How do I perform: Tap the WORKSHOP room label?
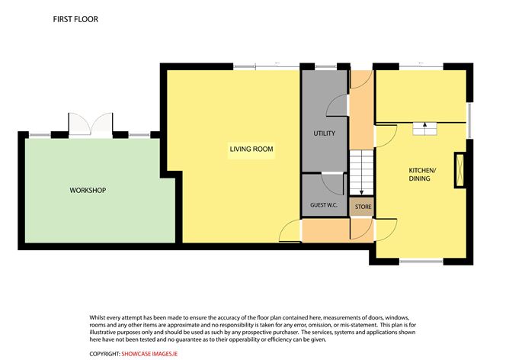[x=88, y=190]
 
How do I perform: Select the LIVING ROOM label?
[x=251, y=149]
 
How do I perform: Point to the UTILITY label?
[x=324, y=133]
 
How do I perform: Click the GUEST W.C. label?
[x=323, y=206]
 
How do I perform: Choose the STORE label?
[x=362, y=207]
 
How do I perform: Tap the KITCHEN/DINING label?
[x=419, y=174]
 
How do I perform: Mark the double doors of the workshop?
[x=90, y=125]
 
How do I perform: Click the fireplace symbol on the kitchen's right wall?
[x=459, y=169]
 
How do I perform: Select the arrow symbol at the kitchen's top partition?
[x=421, y=129]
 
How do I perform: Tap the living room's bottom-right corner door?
[x=290, y=230]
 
